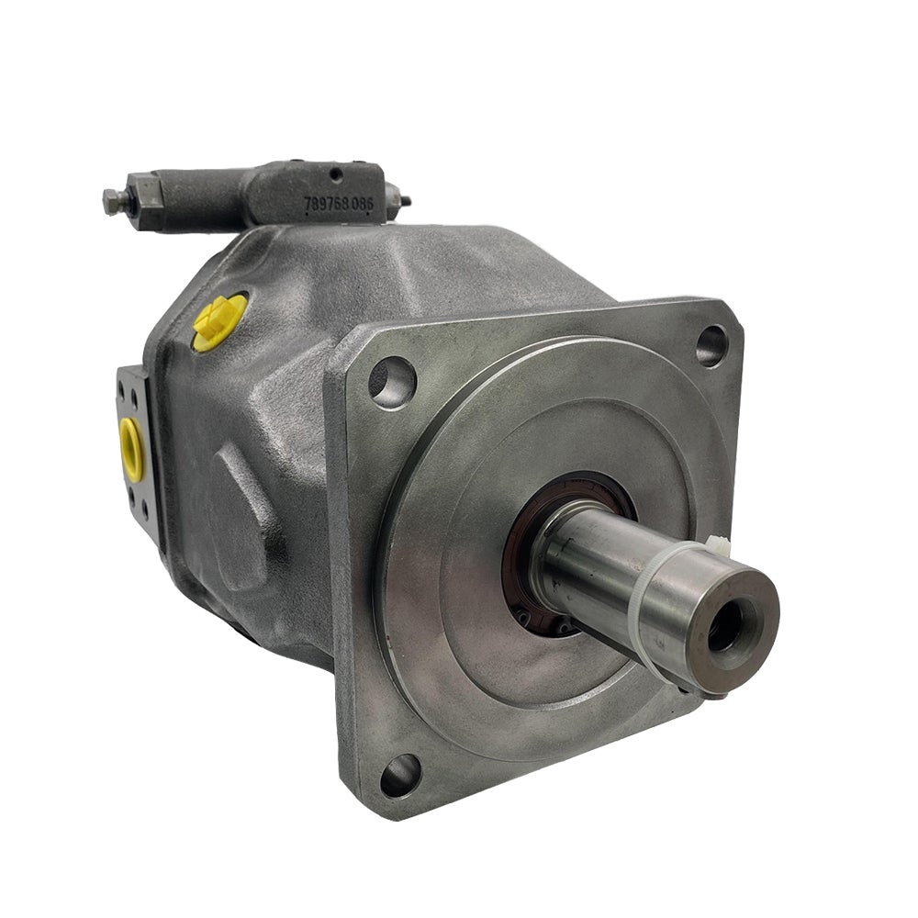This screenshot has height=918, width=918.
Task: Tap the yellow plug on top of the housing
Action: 219,321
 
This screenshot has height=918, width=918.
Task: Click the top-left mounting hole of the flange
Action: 392,380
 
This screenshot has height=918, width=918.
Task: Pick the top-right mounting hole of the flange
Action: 711,344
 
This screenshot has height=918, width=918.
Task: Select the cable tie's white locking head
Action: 714,547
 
